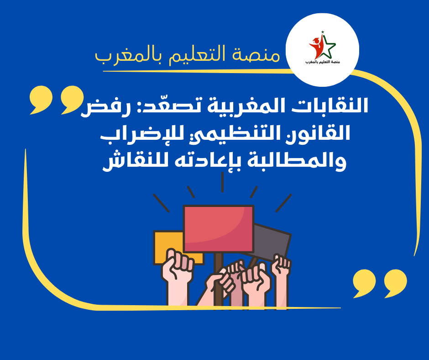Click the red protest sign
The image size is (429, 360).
click(x=219, y=229)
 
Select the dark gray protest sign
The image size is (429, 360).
click(x=272, y=241)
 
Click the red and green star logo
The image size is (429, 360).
click(x=322, y=46)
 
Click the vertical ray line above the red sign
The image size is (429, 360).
click(x=222, y=182)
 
